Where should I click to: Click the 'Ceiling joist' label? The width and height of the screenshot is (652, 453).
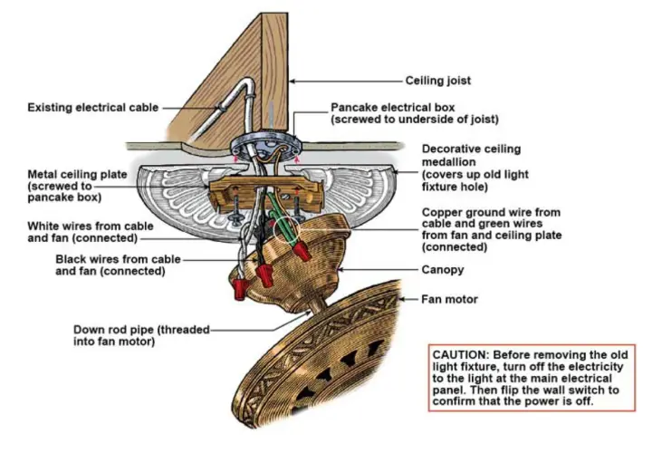(438, 81)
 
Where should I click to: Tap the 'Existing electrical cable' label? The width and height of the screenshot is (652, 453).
(92, 107)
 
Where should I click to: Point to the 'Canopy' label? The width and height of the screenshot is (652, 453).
(443, 270)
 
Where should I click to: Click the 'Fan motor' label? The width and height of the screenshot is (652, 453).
(449, 299)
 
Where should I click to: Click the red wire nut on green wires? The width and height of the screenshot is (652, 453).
(302, 251)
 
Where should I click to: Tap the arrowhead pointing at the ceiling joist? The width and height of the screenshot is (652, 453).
(292, 82)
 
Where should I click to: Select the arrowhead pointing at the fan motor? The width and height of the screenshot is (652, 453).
(402, 299)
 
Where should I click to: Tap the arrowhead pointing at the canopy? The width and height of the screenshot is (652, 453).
(340, 270)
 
